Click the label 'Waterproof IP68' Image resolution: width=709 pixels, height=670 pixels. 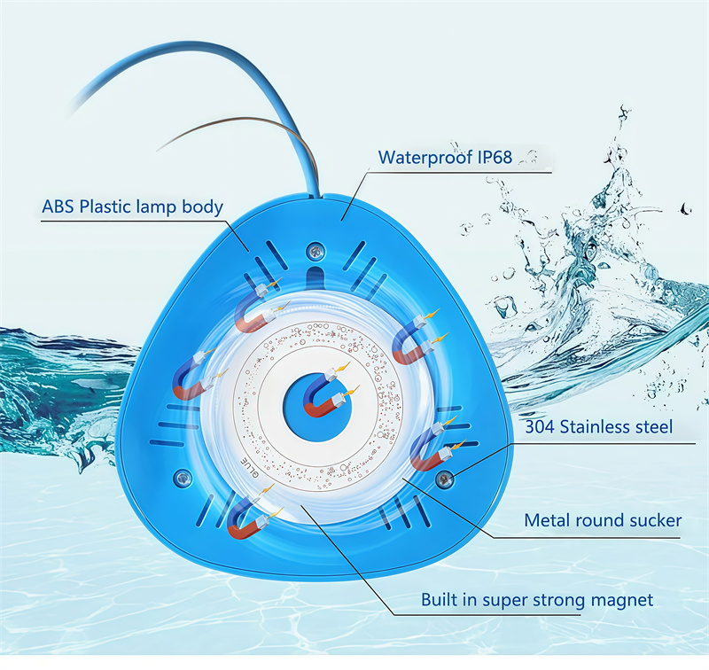445,158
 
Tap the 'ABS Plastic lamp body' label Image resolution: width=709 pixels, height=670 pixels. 132,206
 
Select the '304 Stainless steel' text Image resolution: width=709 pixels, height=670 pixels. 599,427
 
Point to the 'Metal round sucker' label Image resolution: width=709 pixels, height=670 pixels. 603,520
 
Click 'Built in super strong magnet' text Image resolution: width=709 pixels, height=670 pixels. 537,600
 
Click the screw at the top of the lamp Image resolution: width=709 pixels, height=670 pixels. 316,250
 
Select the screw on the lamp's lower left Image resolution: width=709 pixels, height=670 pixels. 183,477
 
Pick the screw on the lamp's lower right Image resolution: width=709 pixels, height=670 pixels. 445,479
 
